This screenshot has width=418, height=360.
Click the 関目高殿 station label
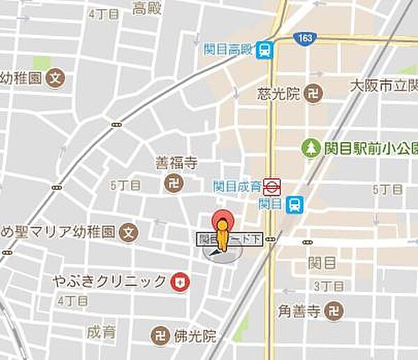click(x=228, y=49)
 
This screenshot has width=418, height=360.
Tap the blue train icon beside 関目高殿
click(x=265, y=49)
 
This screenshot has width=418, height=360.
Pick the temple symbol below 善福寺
click(x=171, y=184)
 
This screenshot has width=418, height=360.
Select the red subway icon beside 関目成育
click(x=272, y=186)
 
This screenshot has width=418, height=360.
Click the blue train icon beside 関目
click(x=295, y=204)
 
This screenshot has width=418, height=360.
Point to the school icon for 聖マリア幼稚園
click(x=128, y=232)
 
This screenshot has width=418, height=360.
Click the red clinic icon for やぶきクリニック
click(x=179, y=281)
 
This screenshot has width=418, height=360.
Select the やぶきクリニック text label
click(x=109, y=281)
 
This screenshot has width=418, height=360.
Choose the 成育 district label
click(x=102, y=332)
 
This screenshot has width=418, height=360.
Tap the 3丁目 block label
click(x=325, y=285)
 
